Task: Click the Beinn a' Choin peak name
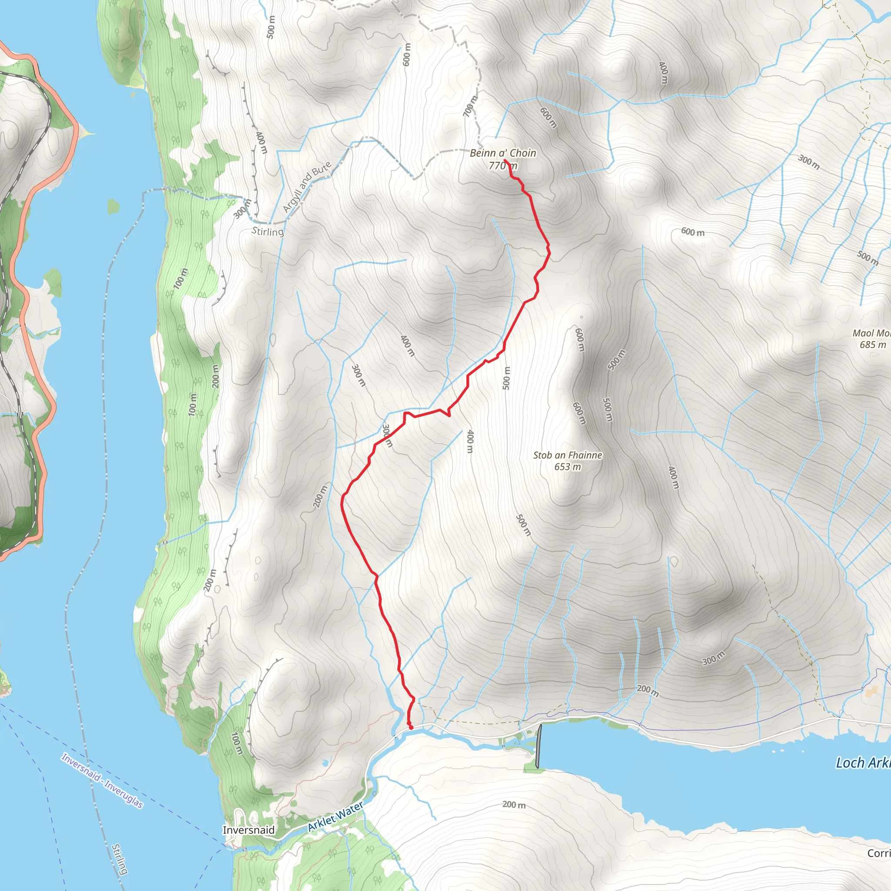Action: [x=502, y=153]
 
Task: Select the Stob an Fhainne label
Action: [x=568, y=455]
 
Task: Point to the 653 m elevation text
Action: [x=568, y=467]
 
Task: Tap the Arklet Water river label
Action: [x=335, y=816]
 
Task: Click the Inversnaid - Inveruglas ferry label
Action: [x=102, y=781]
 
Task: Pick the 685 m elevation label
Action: [x=873, y=345]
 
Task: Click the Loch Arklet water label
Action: [x=862, y=763]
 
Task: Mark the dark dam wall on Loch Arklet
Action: [x=538, y=746]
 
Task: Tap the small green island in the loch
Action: [x=114, y=207]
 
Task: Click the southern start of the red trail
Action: [x=410, y=728]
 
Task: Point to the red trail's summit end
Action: [x=506, y=161]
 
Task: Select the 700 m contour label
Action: [x=471, y=106]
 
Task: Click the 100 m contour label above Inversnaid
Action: [x=236, y=744]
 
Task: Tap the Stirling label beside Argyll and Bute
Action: [x=268, y=231]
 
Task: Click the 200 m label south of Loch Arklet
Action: [x=514, y=805]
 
